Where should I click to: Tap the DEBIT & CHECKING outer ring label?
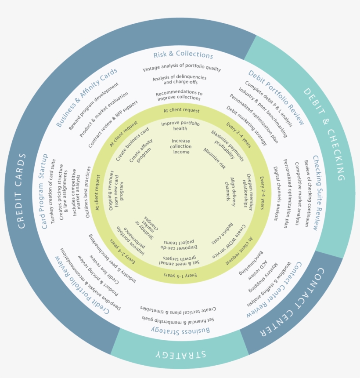coord(324,134)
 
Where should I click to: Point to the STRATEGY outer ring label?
coord(176,355)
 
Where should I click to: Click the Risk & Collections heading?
coord(183,55)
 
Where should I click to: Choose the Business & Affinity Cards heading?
coord(87,97)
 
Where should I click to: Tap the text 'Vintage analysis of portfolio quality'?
coord(182,69)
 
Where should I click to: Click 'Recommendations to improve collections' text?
coord(179,95)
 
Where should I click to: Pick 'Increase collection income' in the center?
coord(181,146)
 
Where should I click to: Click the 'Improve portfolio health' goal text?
coord(180,126)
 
